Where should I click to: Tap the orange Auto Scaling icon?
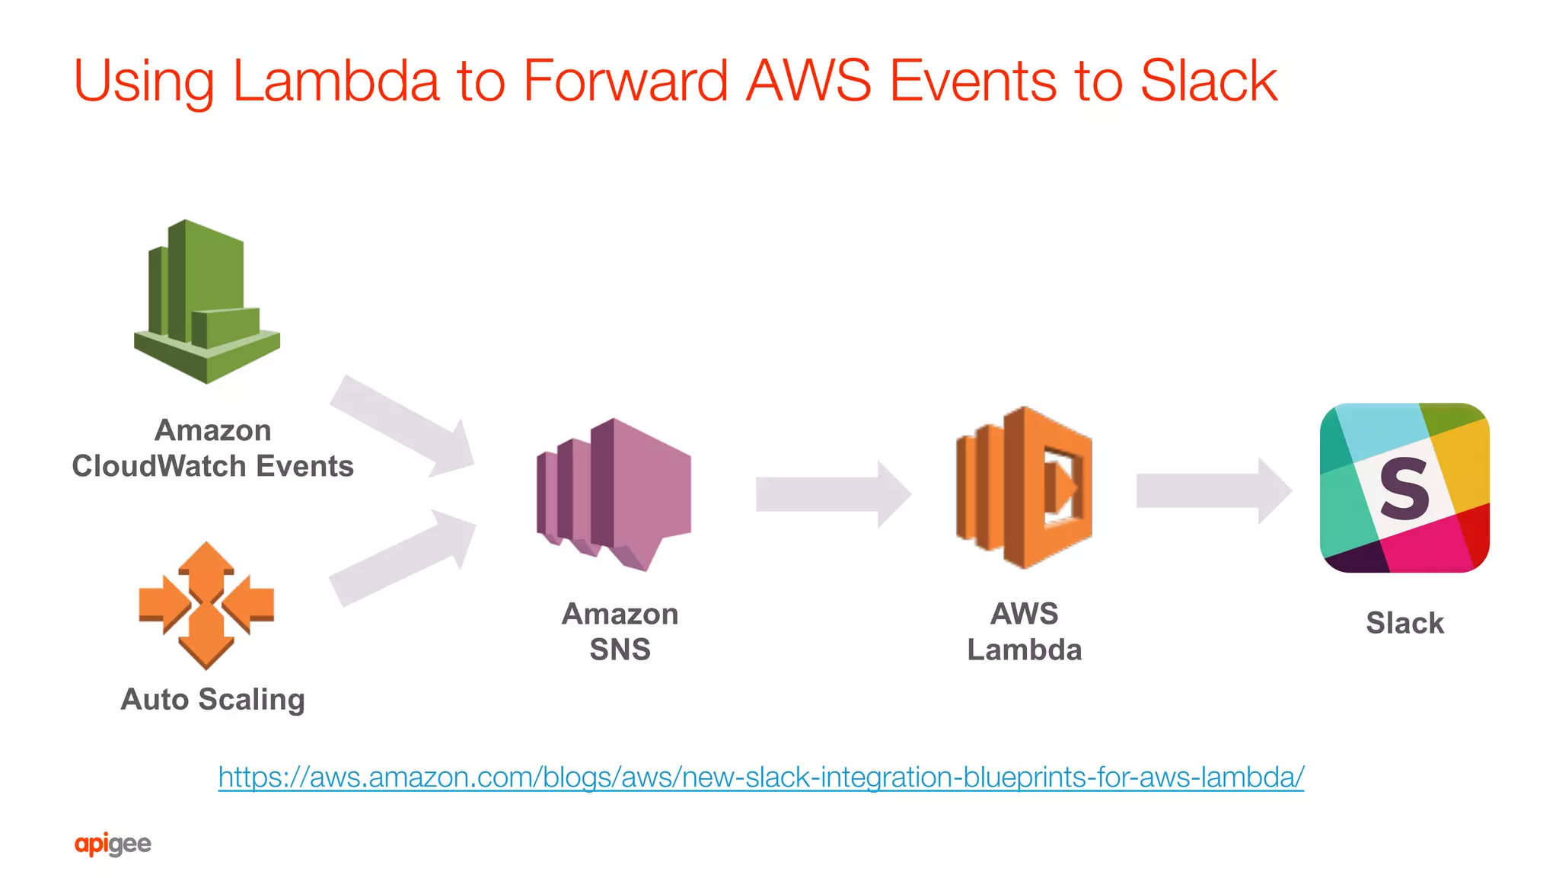(x=206, y=605)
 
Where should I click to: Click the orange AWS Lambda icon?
(x=1024, y=487)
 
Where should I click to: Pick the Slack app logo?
(x=1404, y=487)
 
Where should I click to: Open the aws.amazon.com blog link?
(x=761, y=777)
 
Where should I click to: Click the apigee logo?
(x=113, y=844)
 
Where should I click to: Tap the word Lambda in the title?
(x=336, y=81)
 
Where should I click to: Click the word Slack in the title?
(x=1209, y=81)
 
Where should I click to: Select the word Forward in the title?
(x=625, y=81)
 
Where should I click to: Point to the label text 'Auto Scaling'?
(x=213, y=699)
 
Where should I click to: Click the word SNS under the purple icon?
(x=620, y=650)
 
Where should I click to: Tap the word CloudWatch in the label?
(x=160, y=466)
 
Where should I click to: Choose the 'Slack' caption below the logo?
(x=1404, y=623)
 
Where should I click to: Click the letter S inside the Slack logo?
(x=1404, y=489)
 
